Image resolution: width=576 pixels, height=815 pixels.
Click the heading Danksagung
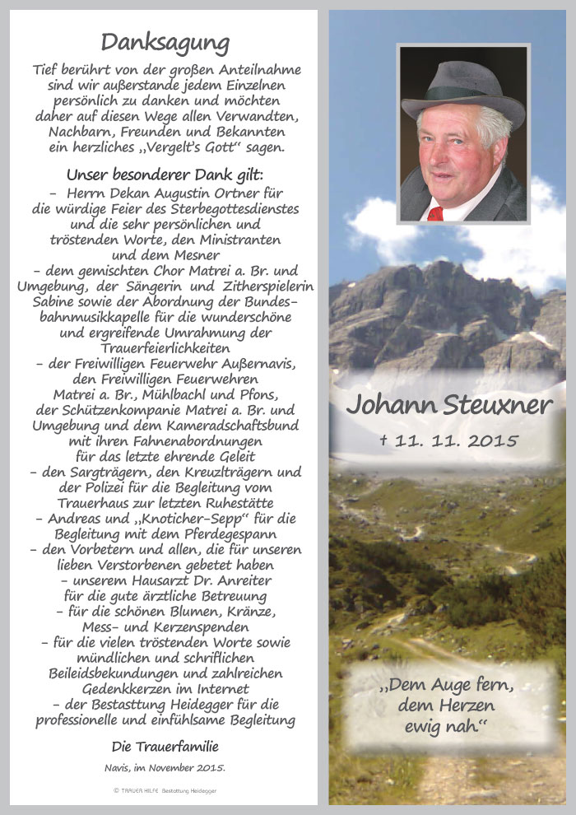coord(165,42)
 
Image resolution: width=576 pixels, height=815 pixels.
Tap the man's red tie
coord(435,213)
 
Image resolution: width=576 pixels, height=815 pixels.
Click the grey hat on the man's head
coord(462,89)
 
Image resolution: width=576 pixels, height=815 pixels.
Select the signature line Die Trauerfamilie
coord(165,747)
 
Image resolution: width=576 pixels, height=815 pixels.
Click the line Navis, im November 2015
coord(165,767)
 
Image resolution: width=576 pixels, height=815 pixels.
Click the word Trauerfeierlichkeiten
coord(165,348)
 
